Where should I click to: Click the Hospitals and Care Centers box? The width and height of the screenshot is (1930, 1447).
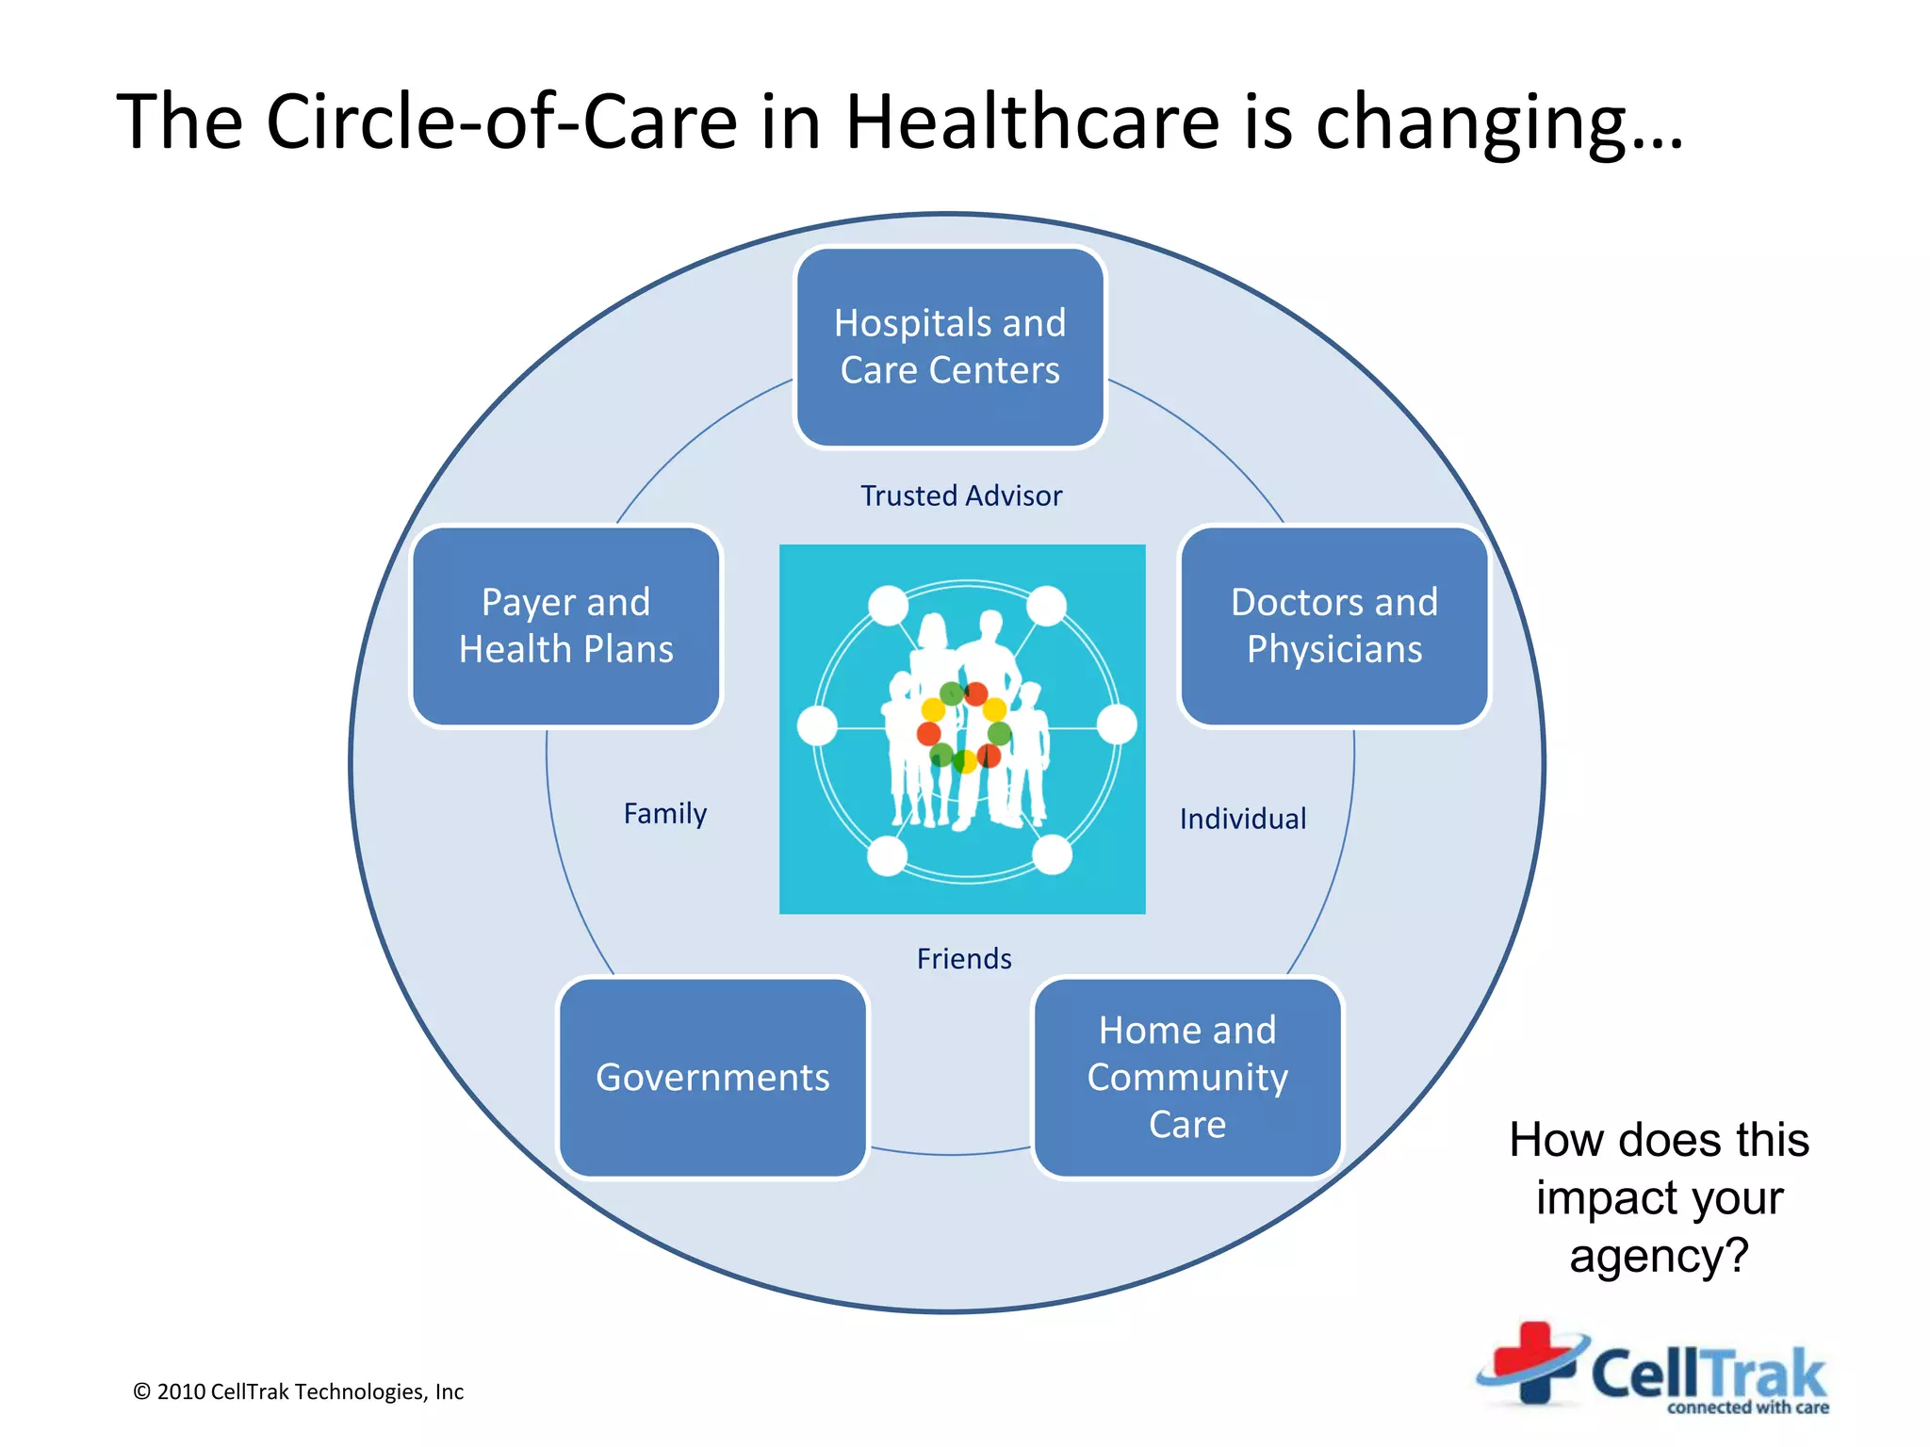pyautogui.click(x=950, y=347)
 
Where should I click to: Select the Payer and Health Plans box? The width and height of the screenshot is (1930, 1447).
pyautogui.click(x=566, y=626)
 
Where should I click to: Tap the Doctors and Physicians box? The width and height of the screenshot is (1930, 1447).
pyautogui.click(x=1334, y=626)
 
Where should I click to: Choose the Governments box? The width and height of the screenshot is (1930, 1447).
pyautogui.click(x=712, y=1078)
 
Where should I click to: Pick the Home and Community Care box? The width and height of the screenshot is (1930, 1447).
pyautogui.click(x=1187, y=1078)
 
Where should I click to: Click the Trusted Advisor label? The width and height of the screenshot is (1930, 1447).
pyautogui.click(x=961, y=496)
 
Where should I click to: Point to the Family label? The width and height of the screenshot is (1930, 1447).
pyautogui.click(x=665, y=813)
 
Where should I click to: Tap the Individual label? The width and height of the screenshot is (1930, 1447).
pyautogui.click(x=1243, y=819)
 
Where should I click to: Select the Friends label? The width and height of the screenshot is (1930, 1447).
pyautogui.click(x=964, y=959)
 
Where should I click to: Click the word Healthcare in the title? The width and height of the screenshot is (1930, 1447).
pyautogui.click(x=1033, y=122)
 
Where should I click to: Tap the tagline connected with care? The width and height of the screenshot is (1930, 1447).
pyautogui.click(x=1748, y=1407)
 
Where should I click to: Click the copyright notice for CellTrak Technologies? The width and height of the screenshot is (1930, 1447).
pyautogui.click(x=299, y=1391)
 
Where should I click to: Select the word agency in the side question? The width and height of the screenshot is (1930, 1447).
pyautogui.click(x=1659, y=1257)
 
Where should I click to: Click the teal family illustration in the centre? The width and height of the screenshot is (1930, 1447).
pyautogui.click(x=962, y=728)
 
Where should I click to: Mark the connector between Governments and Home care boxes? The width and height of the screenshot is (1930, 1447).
pyautogui.click(x=950, y=1153)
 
